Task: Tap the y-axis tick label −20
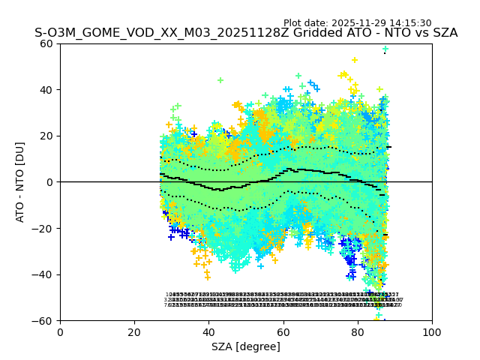45,228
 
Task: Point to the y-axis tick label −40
45,274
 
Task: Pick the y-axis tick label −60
45,320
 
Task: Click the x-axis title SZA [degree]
246,346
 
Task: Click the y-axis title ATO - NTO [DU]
21,182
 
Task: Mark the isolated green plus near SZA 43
220,80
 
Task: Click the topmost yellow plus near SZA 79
355,60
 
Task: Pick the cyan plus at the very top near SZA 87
385,49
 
